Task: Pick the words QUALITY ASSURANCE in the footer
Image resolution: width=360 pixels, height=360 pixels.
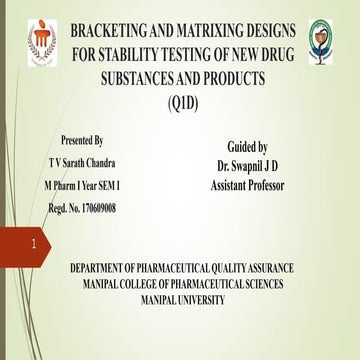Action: coord(253,269)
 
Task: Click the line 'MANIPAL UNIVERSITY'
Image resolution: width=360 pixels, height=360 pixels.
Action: coord(183,299)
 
